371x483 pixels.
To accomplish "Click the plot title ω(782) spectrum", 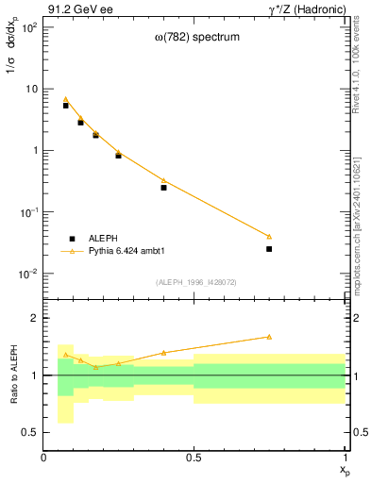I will click(197, 38).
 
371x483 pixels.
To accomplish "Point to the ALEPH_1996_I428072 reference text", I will click(195, 282).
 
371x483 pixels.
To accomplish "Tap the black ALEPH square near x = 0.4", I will click(163, 188).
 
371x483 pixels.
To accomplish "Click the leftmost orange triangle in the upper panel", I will click(65, 99).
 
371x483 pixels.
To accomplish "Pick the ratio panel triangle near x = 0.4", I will click(163, 353).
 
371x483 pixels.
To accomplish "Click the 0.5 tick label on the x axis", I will click(194, 458).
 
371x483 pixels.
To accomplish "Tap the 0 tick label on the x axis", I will click(43, 458).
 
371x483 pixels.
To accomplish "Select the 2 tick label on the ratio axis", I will click(33, 319).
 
